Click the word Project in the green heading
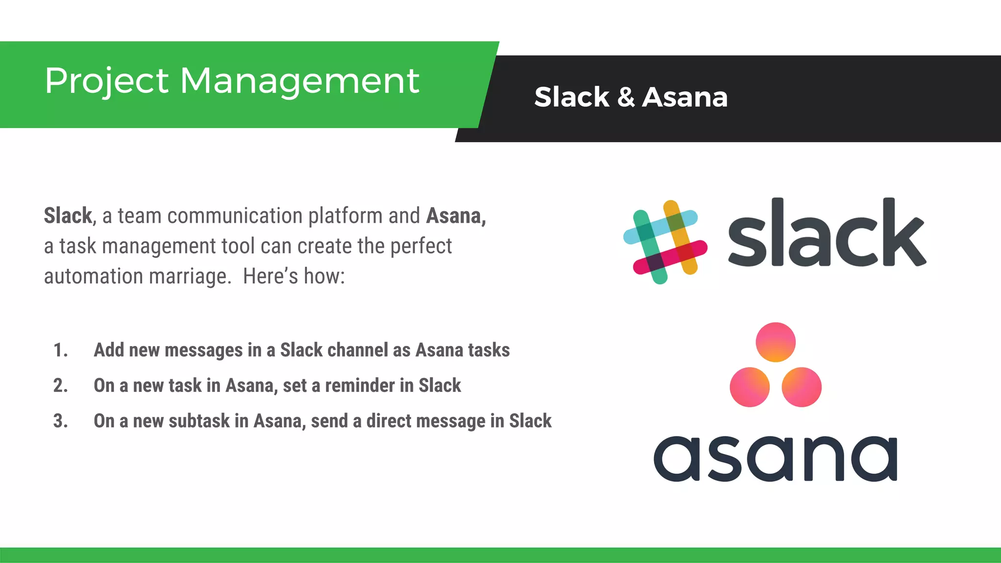[x=107, y=81]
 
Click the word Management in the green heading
[x=300, y=81]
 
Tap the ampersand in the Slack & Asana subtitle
[x=626, y=97]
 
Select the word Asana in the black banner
[x=685, y=97]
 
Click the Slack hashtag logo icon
[x=665, y=242]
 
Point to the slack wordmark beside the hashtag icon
[x=827, y=234]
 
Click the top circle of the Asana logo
[x=775, y=342]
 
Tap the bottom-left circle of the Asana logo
[x=749, y=387]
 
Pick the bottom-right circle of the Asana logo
[x=802, y=387]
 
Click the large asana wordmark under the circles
[x=775, y=458]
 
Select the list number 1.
[x=60, y=350]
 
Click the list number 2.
[x=60, y=386]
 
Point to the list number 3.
[x=60, y=421]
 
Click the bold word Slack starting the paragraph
[x=68, y=216]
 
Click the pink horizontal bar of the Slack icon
[x=670, y=257]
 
